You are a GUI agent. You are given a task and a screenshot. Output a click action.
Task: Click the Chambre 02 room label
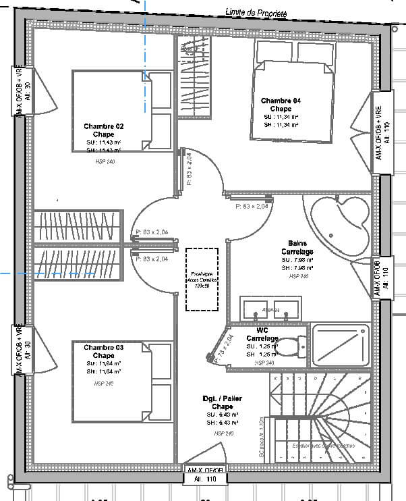[x=104, y=126]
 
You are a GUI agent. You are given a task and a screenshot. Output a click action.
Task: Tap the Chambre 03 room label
[x=104, y=348]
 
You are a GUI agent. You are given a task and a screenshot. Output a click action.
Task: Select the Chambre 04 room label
[x=281, y=101]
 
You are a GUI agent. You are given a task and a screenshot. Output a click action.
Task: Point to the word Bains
[x=297, y=244]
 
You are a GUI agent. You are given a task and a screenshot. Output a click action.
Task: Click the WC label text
[x=262, y=330]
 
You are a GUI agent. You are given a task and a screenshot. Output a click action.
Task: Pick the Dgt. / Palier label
[x=223, y=399]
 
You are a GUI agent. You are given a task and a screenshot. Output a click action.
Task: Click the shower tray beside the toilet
[x=341, y=345]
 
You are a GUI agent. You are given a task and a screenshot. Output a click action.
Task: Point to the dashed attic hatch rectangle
[x=203, y=279]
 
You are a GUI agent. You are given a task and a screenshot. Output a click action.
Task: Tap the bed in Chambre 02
[x=122, y=111]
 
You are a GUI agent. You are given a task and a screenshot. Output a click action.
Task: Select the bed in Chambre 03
[x=122, y=381]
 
